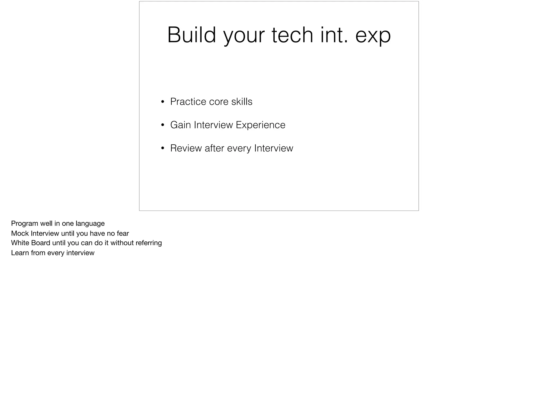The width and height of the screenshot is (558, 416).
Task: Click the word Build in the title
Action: (x=191, y=35)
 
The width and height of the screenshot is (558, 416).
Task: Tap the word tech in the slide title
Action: (x=292, y=35)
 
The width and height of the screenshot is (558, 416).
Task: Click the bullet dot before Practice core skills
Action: (x=163, y=102)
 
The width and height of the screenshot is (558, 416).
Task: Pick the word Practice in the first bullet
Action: (x=188, y=102)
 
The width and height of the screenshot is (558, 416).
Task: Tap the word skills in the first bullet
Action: (x=242, y=102)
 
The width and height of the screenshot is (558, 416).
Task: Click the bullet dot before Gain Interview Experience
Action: (x=163, y=125)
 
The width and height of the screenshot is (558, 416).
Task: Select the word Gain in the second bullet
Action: (x=180, y=125)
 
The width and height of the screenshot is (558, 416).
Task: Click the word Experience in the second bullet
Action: (x=260, y=125)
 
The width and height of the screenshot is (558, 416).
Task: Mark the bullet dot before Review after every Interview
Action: (x=163, y=148)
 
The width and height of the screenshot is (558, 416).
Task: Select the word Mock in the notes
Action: (x=20, y=233)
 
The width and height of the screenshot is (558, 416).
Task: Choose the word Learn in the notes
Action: (x=20, y=253)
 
